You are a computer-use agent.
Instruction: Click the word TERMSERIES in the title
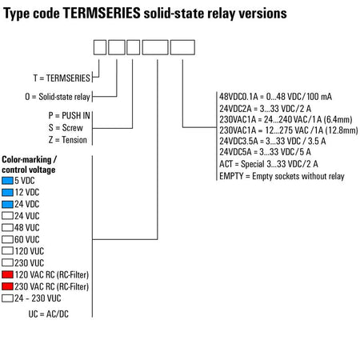click(x=102, y=13)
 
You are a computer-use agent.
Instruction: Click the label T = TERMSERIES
click(x=62, y=78)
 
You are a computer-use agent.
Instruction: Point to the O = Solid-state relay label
click(x=58, y=97)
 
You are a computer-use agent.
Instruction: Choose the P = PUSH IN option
click(x=70, y=115)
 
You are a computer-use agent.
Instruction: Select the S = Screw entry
click(x=66, y=128)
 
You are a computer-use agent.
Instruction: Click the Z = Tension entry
click(x=68, y=140)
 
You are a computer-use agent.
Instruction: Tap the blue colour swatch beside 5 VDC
click(x=7, y=181)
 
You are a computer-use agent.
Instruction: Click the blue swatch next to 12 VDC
click(x=7, y=192)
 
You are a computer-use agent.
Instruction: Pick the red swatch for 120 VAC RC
click(x=7, y=274)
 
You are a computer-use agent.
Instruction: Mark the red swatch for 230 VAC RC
click(x=7, y=286)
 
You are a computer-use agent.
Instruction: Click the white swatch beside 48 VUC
click(x=7, y=227)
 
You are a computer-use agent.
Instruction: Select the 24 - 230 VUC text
click(x=38, y=298)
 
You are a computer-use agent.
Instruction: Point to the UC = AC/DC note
click(x=49, y=314)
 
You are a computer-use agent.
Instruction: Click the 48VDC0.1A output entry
click(x=275, y=97)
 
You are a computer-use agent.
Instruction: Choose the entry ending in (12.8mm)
click(x=289, y=130)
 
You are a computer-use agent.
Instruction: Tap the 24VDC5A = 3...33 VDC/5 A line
click(x=265, y=152)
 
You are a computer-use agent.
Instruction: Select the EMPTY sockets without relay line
click(x=282, y=176)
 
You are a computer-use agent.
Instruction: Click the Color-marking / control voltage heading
click(x=29, y=165)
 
